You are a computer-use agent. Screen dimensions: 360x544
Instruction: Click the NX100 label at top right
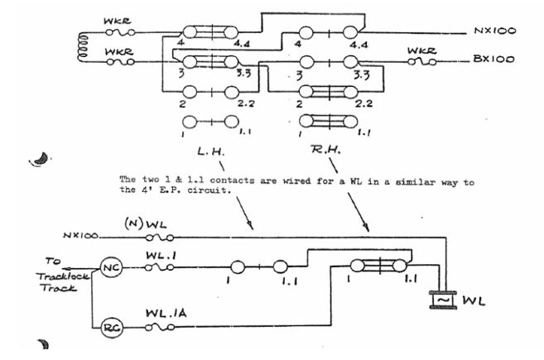pos(496,31)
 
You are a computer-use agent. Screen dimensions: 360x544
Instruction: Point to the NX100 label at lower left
pos(79,236)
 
